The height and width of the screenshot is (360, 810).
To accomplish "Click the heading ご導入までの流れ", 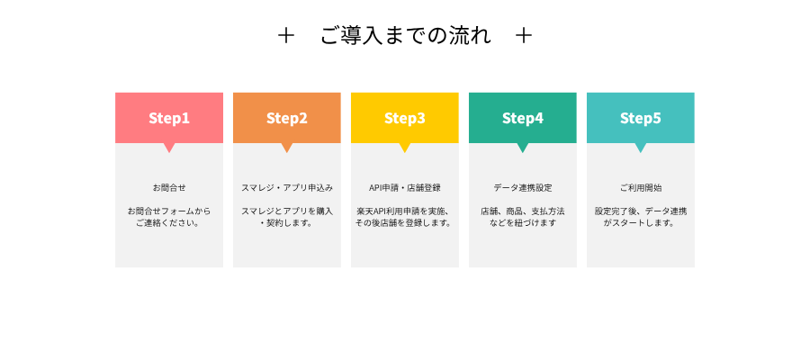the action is [x=406, y=36].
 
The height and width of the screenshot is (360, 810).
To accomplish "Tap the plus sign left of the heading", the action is [x=285, y=36].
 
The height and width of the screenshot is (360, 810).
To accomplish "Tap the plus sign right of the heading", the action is [x=524, y=36].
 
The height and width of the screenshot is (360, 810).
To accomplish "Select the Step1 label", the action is [x=169, y=118].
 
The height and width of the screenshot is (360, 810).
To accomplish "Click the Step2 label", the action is [x=287, y=118].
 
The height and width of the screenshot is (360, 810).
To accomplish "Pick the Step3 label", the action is [x=404, y=118].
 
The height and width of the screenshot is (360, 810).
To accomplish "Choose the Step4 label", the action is [x=523, y=118].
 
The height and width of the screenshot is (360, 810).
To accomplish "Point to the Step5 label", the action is [x=641, y=118].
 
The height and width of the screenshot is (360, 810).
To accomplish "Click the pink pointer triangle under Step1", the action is [x=169, y=147].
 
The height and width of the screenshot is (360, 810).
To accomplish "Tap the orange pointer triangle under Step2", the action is [x=287, y=147].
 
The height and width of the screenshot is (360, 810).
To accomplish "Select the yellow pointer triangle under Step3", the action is [x=404, y=147].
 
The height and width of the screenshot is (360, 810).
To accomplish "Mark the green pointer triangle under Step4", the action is [x=523, y=147].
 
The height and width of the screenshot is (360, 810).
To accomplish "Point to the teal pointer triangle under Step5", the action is [x=641, y=147].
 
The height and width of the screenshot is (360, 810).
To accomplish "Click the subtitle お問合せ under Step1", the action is [x=169, y=188].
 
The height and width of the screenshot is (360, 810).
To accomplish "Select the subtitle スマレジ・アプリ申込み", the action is [x=287, y=188].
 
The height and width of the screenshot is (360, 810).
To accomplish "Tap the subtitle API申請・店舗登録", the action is [x=404, y=188].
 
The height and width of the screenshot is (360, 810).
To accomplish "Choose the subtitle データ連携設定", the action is [x=523, y=188].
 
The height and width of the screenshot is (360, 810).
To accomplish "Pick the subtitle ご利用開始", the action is [x=641, y=188].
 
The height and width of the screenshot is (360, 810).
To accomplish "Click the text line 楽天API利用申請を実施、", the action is [x=404, y=211].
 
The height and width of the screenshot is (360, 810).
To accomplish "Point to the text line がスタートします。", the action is [x=641, y=223].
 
